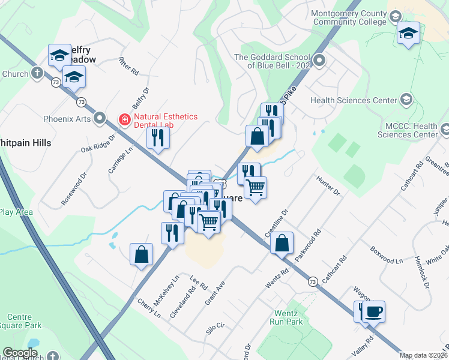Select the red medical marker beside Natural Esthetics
pyautogui.click(x=125, y=119)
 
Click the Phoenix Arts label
pyautogui.click(x=67, y=119)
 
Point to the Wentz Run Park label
pyautogui.click(x=289, y=317)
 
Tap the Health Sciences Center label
pyautogui.click(x=354, y=100)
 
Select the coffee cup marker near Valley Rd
pyautogui.click(x=373, y=312)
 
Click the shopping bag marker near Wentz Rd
pyautogui.click(x=282, y=244)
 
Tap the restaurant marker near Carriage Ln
pyautogui.click(x=158, y=138)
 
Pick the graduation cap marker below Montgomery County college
pyautogui.click(x=408, y=34)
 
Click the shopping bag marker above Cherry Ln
pyautogui.click(x=141, y=254)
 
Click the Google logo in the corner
pyautogui.click(x=20, y=353)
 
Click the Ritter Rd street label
pyautogui.click(x=129, y=65)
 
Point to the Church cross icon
pyautogui.click(x=37, y=74)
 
